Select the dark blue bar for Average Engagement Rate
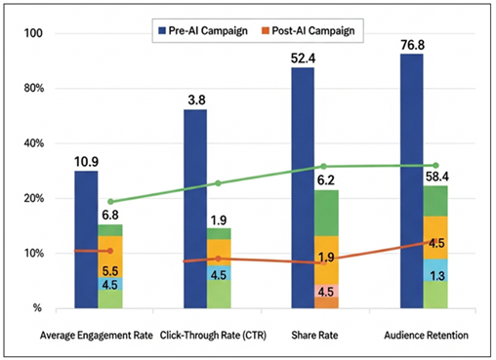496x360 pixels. coord(86,239)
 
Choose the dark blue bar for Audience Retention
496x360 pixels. coord(411,180)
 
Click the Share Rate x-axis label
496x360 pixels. coord(313,336)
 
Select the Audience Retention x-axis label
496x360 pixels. coord(424,336)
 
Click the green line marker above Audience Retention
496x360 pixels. coord(435,166)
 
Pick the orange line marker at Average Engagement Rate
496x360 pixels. coord(110,252)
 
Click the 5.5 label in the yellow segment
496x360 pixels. coord(109,270)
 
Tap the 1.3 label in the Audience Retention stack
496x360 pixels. coord(436,277)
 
